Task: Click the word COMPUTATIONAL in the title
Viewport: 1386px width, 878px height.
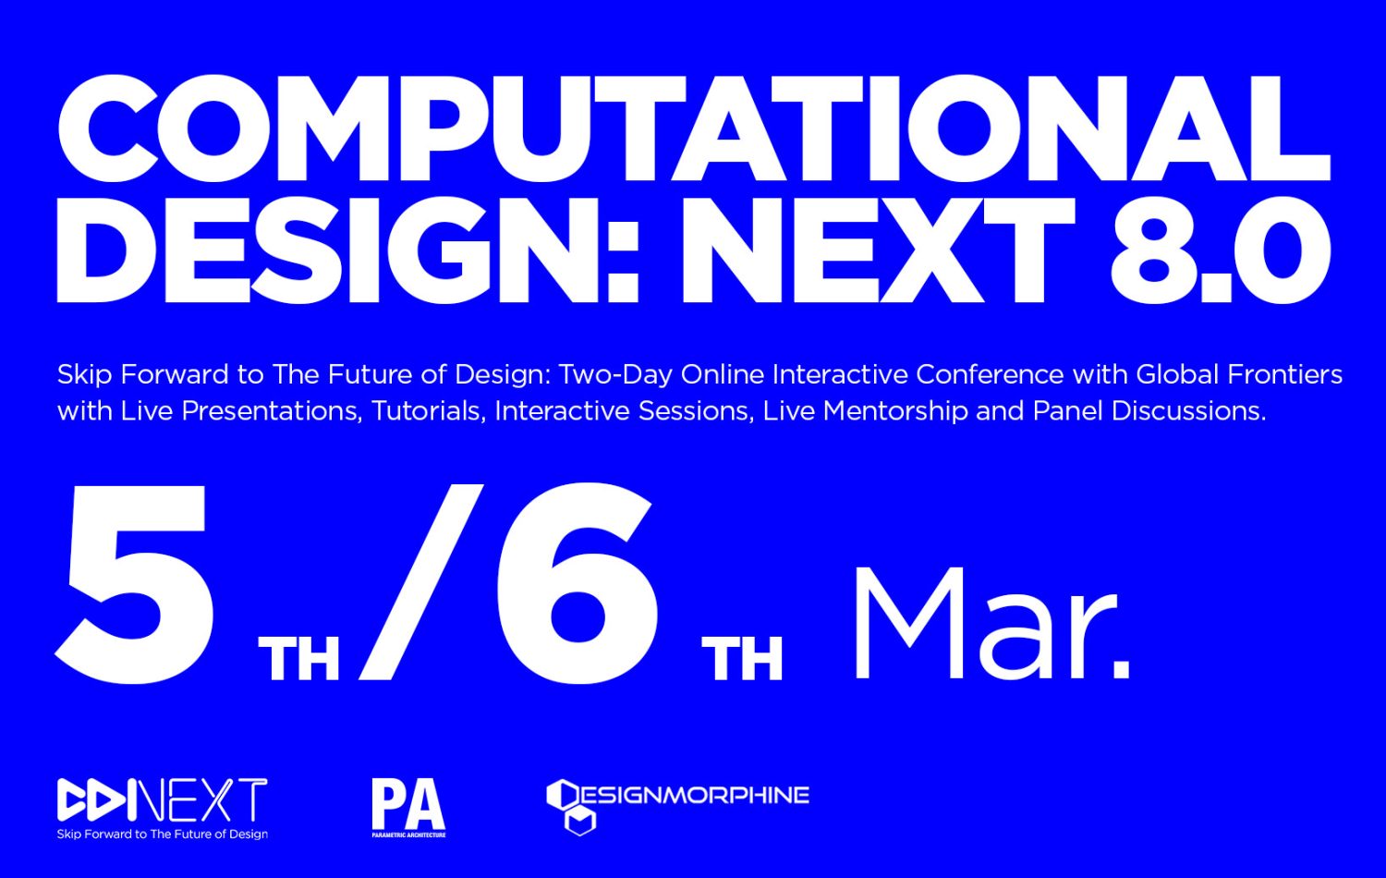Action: [694, 128]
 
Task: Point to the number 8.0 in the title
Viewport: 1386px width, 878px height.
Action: [1221, 250]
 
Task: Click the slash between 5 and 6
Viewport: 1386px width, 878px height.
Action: [420, 582]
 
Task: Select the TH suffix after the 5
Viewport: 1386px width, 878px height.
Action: [298, 659]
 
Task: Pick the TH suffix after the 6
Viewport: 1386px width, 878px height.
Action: [742, 659]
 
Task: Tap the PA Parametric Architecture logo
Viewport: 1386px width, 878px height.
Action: [408, 808]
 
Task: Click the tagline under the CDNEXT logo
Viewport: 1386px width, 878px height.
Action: [162, 834]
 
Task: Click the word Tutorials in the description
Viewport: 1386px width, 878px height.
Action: [426, 411]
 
